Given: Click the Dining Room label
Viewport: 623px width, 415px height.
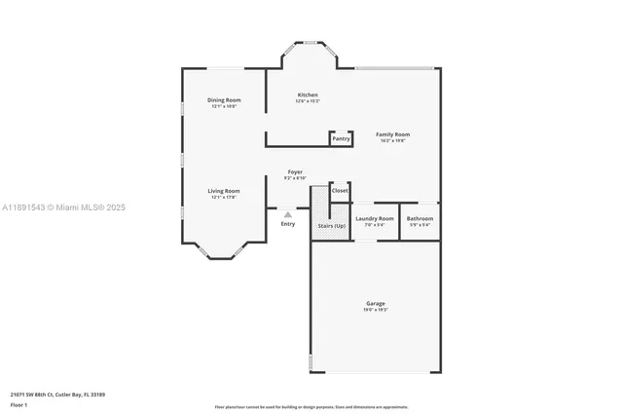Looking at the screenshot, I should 224,100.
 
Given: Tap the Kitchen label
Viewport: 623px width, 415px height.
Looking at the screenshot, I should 308,94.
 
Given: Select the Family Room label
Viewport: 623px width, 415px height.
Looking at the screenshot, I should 393,134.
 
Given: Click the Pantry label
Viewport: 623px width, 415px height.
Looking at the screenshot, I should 341,139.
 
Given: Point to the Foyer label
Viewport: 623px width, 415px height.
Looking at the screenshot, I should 294,171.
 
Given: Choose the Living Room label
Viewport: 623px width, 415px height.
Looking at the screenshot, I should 224,191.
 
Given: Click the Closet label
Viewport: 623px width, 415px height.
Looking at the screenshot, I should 340,191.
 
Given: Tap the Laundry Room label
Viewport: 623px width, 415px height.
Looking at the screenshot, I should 375,219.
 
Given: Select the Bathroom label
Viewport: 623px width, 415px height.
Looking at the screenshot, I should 420,219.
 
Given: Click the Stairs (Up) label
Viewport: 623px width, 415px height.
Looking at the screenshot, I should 331,226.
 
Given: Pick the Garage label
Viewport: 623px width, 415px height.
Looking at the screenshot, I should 375,304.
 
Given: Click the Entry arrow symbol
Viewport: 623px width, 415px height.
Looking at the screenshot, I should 287,214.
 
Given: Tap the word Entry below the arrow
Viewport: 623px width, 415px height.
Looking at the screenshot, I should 287,225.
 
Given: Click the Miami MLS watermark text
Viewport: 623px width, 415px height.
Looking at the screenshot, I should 63,207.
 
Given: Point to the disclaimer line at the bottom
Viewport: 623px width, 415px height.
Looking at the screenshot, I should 311,405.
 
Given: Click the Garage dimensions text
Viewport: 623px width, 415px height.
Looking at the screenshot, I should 375,311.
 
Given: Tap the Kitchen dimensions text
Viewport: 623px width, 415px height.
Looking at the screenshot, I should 308,101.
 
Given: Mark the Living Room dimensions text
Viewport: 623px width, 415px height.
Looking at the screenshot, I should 224,198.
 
